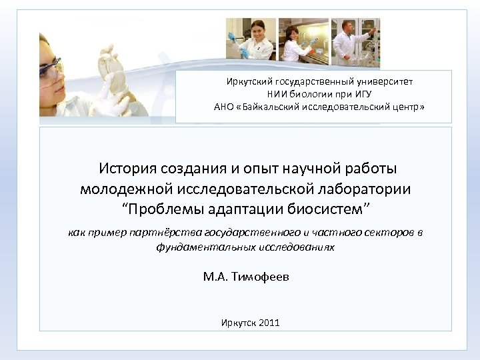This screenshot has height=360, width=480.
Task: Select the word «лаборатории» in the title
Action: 363,189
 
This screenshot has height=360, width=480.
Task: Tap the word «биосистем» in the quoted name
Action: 324,209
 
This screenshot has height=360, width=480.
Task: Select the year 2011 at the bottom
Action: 269,323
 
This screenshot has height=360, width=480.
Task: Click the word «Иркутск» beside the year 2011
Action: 237,323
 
